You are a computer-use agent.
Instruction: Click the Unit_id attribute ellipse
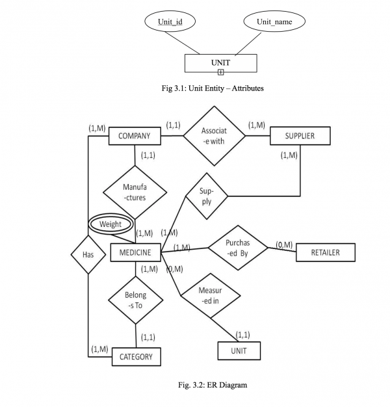pos(170,23)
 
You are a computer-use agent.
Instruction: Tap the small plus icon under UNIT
pos(221,72)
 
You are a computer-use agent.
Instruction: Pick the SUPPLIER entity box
pos(300,136)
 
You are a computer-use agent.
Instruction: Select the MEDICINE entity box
pos(135,253)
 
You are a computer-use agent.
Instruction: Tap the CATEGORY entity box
pos(136,356)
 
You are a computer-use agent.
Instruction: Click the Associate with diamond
pos(214,136)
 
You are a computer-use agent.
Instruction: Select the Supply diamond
pos(207,198)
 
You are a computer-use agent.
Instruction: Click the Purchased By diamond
pos(237,247)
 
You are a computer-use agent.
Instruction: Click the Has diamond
pos(88,254)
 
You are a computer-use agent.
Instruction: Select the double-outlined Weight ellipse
pos(110,224)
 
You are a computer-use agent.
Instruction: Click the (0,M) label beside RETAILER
pos(284,244)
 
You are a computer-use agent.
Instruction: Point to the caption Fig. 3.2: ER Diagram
pos(213,386)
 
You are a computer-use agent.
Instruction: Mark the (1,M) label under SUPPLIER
pos(289,155)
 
